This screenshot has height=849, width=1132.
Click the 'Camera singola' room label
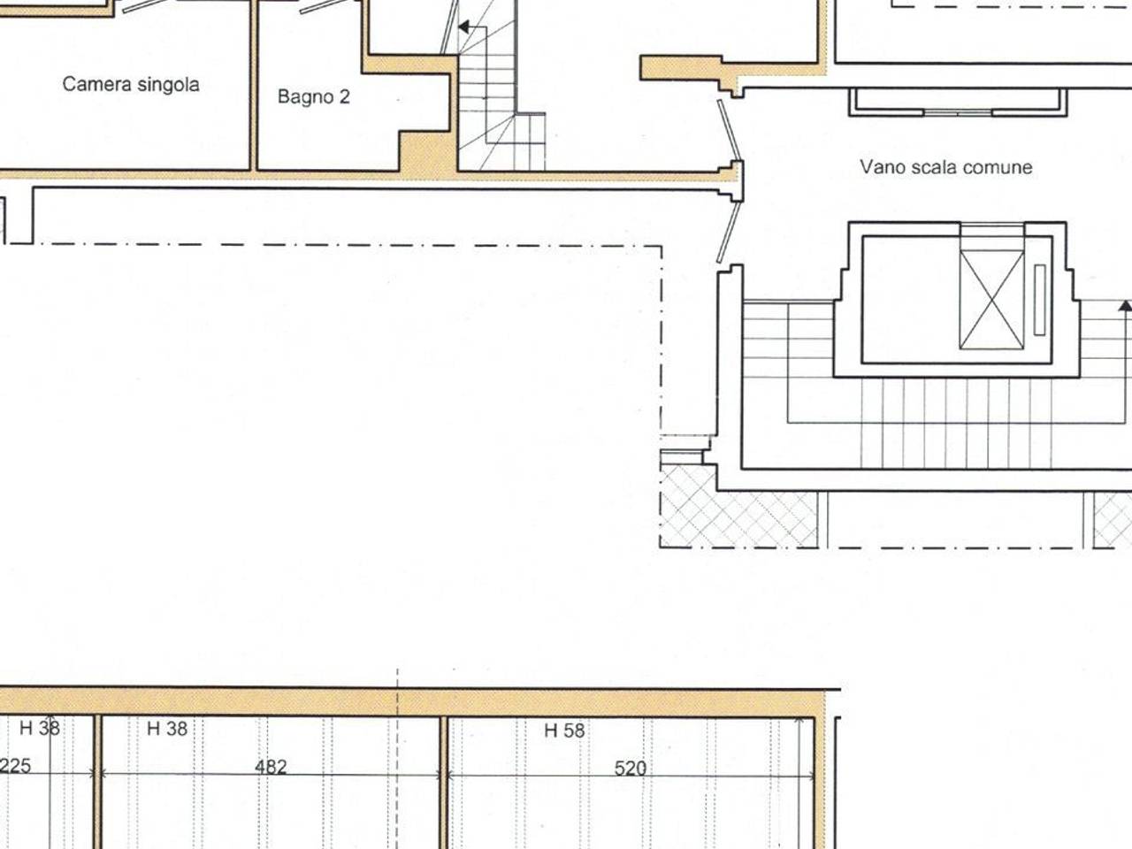pyautogui.click(x=131, y=85)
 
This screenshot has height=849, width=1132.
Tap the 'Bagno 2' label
pyautogui.click(x=314, y=97)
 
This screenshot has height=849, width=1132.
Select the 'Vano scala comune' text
pyautogui.click(x=945, y=167)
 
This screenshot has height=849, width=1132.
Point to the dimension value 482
pyautogui.click(x=271, y=767)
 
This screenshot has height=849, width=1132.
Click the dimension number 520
pyautogui.click(x=631, y=769)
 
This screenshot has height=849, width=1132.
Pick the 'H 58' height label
pyautogui.click(x=564, y=730)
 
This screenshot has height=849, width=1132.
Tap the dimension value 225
pyautogui.click(x=15, y=766)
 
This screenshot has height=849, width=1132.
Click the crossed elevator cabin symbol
pyautogui.click(x=991, y=300)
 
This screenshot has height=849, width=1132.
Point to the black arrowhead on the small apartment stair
pyautogui.click(x=464, y=27)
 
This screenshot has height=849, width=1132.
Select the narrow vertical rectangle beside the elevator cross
pyautogui.click(x=1040, y=300)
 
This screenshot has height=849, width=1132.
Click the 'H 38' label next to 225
pyautogui.click(x=40, y=729)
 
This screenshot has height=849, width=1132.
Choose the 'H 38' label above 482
pyautogui.click(x=167, y=729)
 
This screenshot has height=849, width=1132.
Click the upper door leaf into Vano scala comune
pyautogui.click(x=730, y=130)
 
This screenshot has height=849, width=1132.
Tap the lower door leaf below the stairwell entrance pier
pyautogui.click(x=730, y=233)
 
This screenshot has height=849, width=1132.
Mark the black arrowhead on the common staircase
pyautogui.click(x=1125, y=306)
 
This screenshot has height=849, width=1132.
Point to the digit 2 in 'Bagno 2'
pyautogui.click(x=345, y=96)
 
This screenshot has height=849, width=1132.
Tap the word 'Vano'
pyautogui.click(x=880, y=167)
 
